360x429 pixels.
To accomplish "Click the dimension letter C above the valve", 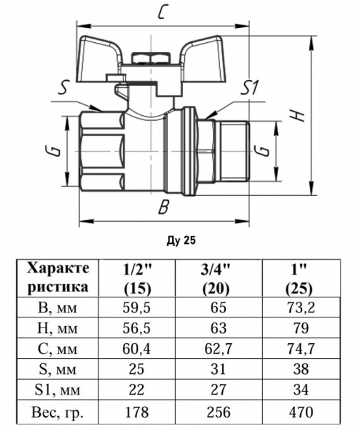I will [164, 12].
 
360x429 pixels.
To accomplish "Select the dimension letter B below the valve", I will [164, 208].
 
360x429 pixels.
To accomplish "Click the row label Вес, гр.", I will [59, 413].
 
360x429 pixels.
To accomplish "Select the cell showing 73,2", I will [300, 310].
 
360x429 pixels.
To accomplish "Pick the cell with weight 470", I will [300, 413].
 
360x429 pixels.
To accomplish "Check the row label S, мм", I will [59, 371].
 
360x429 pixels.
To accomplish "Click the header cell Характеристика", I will [59, 278].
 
